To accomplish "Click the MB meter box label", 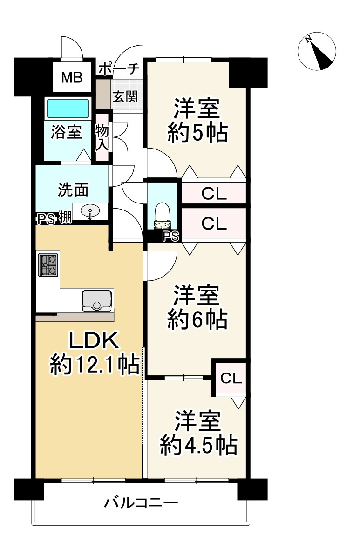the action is [x=72, y=77].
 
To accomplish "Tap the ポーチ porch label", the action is [x=119, y=69].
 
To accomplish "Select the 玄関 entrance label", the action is [x=125, y=96].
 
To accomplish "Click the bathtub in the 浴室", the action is [x=68, y=108].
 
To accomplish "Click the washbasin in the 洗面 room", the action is [x=90, y=211].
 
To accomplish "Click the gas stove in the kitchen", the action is [x=48, y=264].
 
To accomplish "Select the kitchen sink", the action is [x=97, y=300].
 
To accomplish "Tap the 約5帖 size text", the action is [x=197, y=132].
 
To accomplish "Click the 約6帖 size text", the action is [x=197, y=319].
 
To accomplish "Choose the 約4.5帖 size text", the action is [x=198, y=445].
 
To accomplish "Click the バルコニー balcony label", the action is [x=141, y=503].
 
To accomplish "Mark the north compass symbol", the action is [x=317, y=51].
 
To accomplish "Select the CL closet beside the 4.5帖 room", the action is [x=231, y=378].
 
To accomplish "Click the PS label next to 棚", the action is [x=47, y=219].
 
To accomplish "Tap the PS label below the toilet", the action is [x=171, y=237].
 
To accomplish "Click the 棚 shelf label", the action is [x=65, y=217].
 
